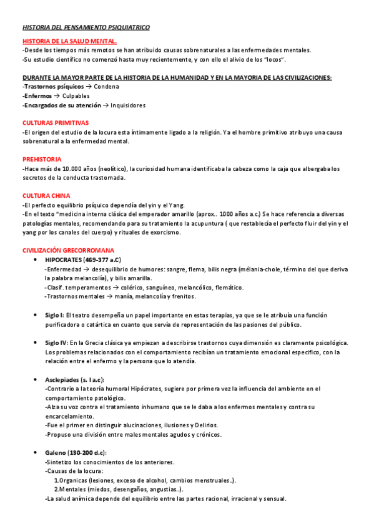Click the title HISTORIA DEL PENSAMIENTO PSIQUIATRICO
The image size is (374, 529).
86,27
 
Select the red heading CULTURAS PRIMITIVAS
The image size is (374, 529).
56,123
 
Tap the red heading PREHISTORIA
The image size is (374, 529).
42,159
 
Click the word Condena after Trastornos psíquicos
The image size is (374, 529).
115,87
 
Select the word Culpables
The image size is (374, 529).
76,96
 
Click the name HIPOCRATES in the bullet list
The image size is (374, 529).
67,259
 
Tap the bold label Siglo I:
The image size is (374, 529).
54,315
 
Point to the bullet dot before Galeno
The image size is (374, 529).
34,452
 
